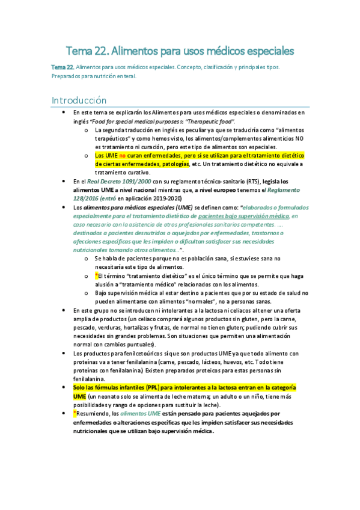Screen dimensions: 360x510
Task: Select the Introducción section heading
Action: [79, 100]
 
